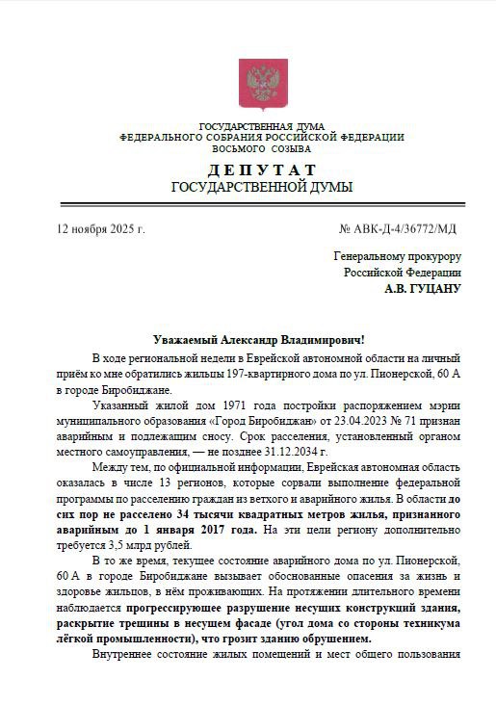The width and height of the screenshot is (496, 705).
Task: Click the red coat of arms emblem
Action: (255, 85)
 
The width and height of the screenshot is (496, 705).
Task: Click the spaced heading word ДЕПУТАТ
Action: (261, 170)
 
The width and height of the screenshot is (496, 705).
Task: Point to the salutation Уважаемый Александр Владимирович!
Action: (260, 341)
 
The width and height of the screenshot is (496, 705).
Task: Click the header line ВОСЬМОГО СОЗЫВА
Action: (261, 149)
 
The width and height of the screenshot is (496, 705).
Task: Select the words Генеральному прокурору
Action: (397, 257)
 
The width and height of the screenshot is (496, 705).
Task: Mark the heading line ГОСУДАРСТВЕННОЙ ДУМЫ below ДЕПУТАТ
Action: (261, 187)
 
